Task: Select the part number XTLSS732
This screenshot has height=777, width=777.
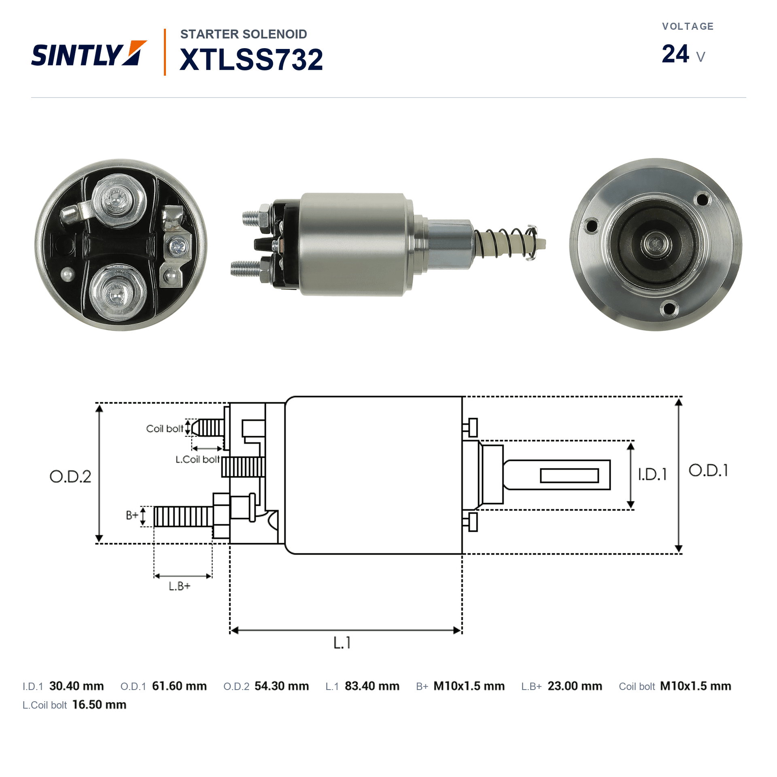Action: pos(251,59)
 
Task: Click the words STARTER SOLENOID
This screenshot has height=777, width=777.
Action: pos(244,34)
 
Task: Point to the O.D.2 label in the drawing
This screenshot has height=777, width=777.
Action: pos(70,476)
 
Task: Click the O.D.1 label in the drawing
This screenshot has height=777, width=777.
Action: pos(708,470)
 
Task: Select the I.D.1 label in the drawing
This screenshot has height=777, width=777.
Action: pos(652,474)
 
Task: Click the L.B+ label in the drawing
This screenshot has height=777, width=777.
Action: pos(179,586)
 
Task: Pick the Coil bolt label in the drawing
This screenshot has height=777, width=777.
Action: pos(165,429)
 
